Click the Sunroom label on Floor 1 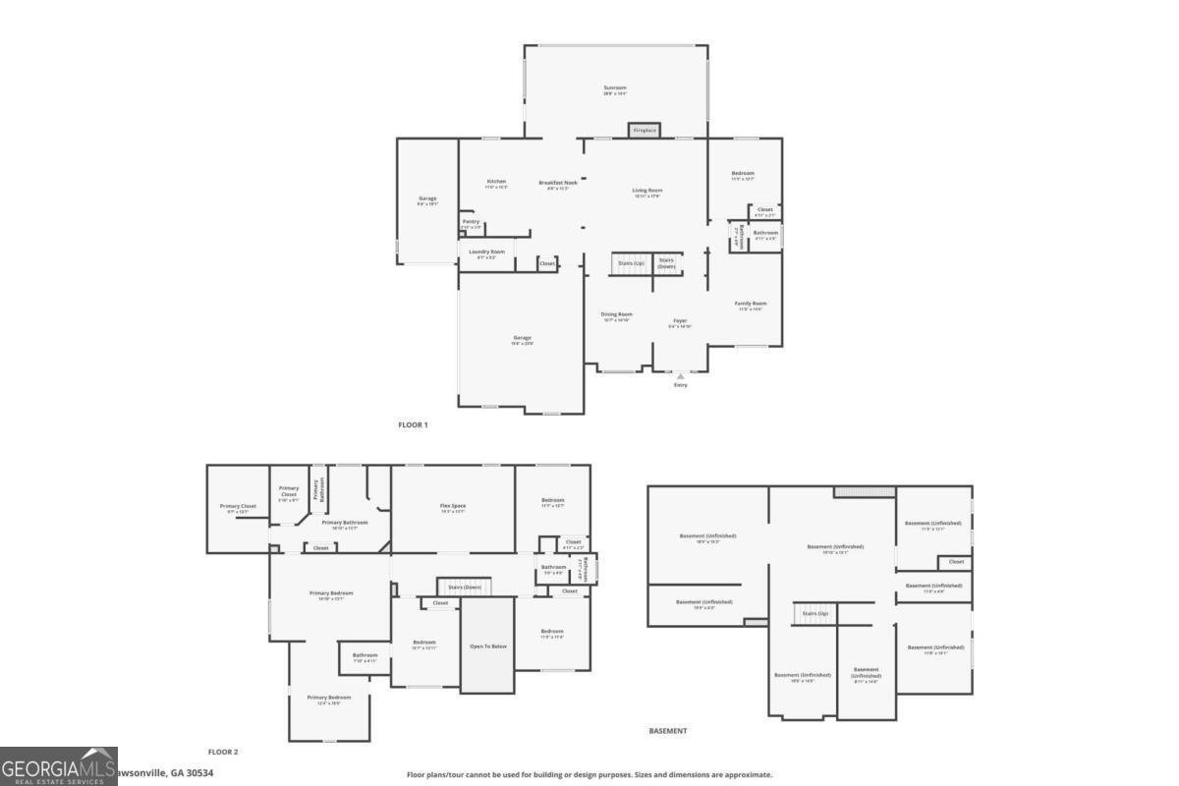tap(615, 88)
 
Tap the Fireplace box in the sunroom tap(645, 131)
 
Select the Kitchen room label tap(497, 182)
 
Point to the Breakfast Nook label tap(558, 183)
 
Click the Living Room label tap(646, 191)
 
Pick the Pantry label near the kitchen tap(471, 223)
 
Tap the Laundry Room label tap(486, 253)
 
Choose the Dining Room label tap(617, 315)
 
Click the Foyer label tap(680, 321)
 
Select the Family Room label tap(751, 305)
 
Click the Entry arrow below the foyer tap(680, 376)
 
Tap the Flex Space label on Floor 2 tap(453, 507)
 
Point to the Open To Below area tap(488, 646)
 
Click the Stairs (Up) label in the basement tap(815, 613)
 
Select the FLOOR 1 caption tap(413, 424)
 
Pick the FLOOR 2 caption tap(223, 752)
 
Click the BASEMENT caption tap(668, 731)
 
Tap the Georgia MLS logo tap(59, 766)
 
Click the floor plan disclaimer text tap(589, 775)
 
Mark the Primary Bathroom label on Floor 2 tap(345, 524)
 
